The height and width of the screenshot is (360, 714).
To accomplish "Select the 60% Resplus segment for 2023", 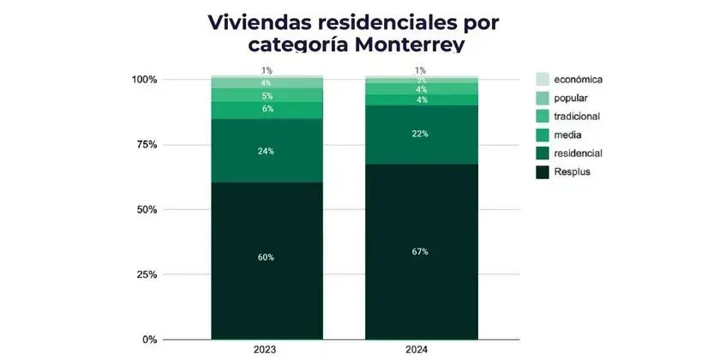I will [x=267, y=258].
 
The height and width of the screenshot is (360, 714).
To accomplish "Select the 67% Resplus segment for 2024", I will [x=420, y=251].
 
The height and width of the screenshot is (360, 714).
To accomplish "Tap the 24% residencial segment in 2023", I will [x=267, y=151].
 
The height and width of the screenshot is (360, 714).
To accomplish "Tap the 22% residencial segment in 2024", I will [x=420, y=134].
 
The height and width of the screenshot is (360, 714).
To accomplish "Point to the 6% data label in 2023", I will [x=267, y=110].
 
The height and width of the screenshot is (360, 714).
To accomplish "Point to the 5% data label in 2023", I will [x=267, y=96].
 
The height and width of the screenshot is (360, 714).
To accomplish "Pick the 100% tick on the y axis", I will [x=144, y=80].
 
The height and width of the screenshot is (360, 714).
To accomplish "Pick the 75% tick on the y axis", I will [x=147, y=145].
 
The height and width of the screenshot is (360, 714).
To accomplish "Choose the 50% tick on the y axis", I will [x=147, y=210].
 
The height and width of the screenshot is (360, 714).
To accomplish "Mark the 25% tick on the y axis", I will [x=147, y=275].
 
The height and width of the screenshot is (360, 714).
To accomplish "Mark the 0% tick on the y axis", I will [x=149, y=340].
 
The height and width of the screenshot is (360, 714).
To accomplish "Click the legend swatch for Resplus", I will [x=543, y=172].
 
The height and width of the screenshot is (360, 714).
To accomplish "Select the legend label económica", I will [x=579, y=80].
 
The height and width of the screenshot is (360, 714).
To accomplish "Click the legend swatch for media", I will [x=543, y=135].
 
